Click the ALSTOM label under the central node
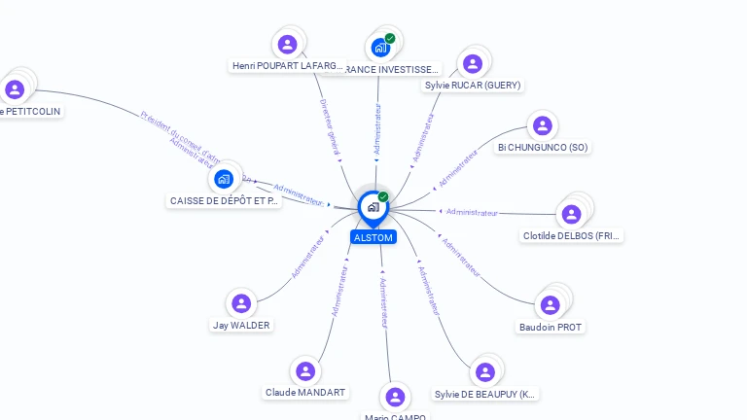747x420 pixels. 373,237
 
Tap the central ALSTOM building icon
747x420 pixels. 373,207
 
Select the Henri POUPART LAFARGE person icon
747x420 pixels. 287,44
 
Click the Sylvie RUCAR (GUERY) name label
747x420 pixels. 473,86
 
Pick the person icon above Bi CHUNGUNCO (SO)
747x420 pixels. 543,125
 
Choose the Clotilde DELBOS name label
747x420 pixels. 572,236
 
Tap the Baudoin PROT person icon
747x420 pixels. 551,305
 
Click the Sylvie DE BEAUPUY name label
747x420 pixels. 485,395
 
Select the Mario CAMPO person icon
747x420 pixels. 395,397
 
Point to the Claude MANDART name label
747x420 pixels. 305,393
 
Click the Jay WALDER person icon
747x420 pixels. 242,303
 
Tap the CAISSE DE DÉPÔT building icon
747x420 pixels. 224,179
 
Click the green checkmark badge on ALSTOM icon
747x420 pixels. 383,197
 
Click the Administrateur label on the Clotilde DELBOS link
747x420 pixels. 473,212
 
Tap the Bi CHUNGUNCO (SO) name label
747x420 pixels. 543,148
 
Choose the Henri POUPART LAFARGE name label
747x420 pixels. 288,66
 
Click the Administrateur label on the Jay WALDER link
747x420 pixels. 308,257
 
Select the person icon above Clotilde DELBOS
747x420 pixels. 572,214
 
